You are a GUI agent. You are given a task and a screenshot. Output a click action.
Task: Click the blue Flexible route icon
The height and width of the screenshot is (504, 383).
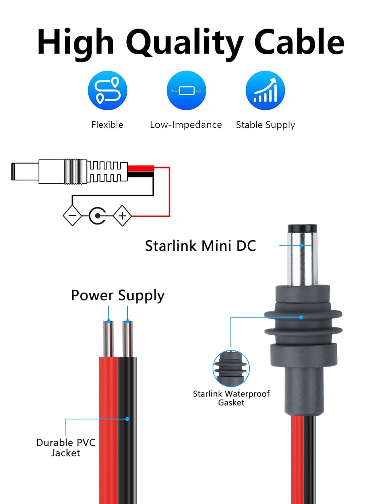108,90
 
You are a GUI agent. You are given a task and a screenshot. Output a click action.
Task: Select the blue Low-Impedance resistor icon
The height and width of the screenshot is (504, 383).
186,90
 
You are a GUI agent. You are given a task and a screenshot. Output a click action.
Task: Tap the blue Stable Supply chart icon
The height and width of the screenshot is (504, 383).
265,90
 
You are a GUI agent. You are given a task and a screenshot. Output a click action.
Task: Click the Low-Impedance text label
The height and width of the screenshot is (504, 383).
186,125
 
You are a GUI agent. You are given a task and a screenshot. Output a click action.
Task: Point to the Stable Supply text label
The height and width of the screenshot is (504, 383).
265,125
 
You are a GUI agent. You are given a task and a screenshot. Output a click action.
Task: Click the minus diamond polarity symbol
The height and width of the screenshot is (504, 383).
72,215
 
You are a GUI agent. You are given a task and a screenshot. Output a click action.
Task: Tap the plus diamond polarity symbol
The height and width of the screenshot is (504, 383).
122,215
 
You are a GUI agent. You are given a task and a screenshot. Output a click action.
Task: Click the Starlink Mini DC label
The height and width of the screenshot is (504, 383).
200,246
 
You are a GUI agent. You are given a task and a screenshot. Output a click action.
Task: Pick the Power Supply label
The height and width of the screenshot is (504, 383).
118,295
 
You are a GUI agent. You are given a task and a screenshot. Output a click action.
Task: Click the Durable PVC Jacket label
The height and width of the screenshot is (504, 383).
66,448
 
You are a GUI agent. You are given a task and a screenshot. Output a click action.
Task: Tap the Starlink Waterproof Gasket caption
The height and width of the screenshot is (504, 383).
231,398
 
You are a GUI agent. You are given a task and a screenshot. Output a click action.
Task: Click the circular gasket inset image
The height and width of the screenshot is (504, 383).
231,369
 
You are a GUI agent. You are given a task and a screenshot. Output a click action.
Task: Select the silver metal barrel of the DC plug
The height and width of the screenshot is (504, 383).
302,259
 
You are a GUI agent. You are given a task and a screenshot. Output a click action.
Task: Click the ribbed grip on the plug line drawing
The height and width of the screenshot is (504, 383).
73,171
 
